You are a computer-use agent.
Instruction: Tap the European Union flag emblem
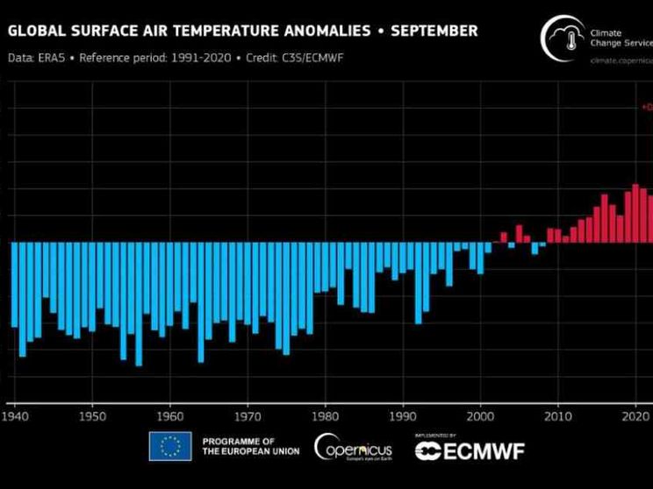coord(170,446)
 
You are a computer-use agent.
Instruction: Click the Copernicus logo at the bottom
coord(353,447)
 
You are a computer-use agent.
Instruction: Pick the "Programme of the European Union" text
coord(250,446)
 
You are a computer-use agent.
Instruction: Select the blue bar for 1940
coord(15,285)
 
